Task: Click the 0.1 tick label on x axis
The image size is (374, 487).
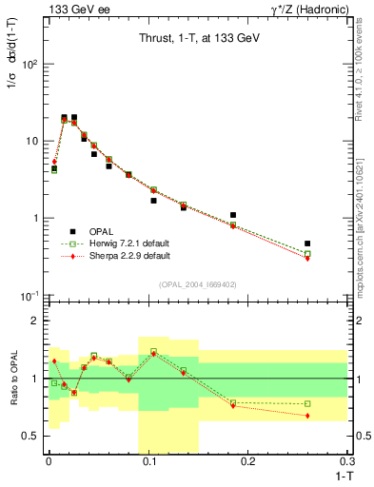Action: point(148,461)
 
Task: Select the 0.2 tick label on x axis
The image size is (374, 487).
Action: point(247,461)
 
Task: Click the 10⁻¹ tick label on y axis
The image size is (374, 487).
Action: point(30,296)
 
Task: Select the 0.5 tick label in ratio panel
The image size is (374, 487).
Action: point(33,437)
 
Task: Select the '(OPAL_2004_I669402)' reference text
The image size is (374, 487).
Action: point(197,282)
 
